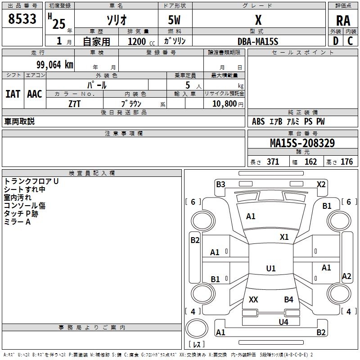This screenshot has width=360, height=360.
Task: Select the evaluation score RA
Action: pos(343,21)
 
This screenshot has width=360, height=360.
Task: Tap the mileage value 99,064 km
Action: pos(54,65)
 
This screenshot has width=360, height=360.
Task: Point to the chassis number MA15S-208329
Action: pos(302,143)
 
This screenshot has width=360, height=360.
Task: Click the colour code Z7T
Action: pos(75,104)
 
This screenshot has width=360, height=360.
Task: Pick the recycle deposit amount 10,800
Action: pos(224,104)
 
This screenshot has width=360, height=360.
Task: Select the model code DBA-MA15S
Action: pos(258,41)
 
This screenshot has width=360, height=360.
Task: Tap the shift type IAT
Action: pos(13,94)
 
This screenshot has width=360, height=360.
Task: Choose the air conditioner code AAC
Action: pos(35,94)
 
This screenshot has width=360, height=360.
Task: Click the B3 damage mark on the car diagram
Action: pos(220,184)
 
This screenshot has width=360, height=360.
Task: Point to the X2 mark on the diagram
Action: pos(321,184)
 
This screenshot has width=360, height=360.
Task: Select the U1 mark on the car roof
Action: pos(270,269)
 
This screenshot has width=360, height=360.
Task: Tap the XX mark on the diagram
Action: pos(253,299)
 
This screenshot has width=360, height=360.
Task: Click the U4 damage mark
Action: pos(283,322)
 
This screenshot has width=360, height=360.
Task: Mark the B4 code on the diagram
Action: pos(288,299)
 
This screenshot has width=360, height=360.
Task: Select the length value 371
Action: pos(273,162)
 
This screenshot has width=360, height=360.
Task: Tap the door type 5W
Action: pos(175,21)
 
